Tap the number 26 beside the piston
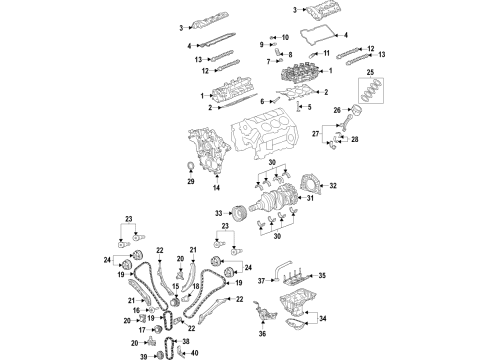coord(336,110)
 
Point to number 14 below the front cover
coord(216,187)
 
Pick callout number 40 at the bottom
coord(195,351)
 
